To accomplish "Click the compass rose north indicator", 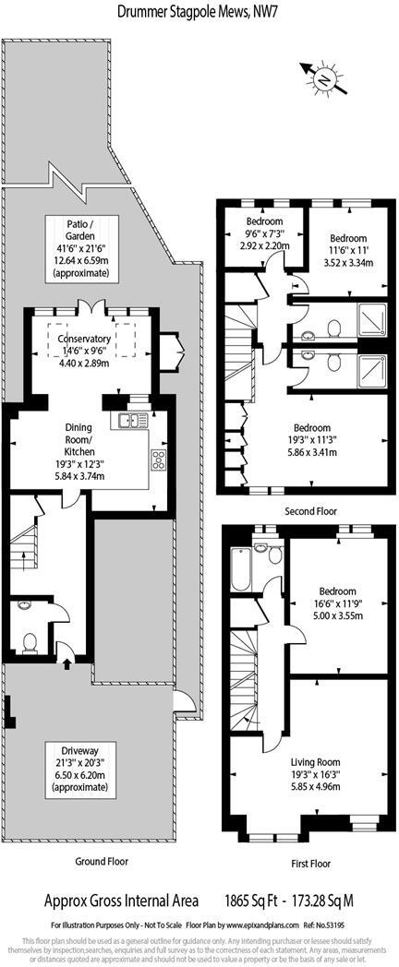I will (322, 79).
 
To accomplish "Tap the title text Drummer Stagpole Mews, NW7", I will (199, 10).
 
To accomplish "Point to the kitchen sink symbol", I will (128, 422).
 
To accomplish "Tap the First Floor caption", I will (308, 865).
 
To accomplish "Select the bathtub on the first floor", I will (240, 566).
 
